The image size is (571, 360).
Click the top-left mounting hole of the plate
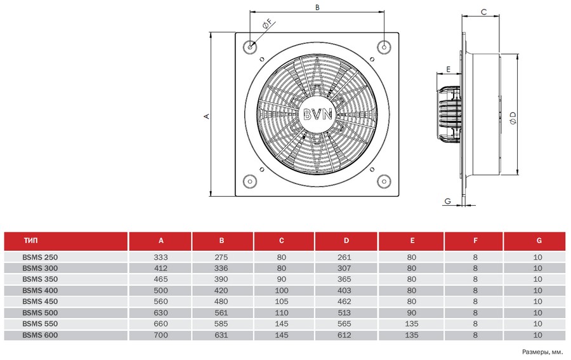tap(252, 48)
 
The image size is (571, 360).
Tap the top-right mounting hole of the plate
tap(384, 48)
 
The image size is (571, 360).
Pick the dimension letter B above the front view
tap(317, 7)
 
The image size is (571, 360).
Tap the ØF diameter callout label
tap(267, 25)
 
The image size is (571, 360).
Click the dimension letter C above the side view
tap(483, 11)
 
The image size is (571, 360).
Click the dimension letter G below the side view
tap(448, 201)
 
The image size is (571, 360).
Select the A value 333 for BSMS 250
tap(161, 257)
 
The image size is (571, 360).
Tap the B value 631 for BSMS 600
tap(222, 335)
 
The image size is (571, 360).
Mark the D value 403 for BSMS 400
tap(346, 290)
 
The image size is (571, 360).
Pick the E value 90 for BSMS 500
tap(412, 312)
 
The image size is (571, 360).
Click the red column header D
tap(346, 241)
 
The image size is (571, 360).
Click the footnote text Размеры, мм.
tap(542, 351)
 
